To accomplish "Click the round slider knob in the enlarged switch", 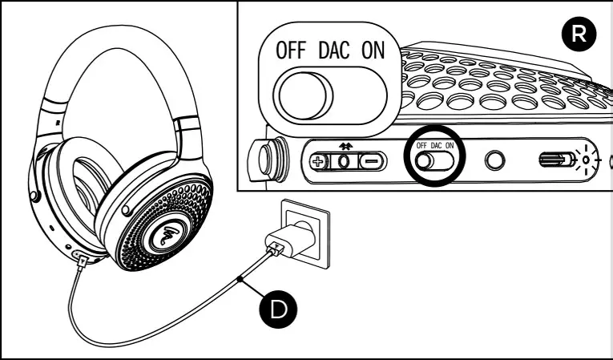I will (x=303, y=95).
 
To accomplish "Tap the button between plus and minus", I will (x=345, y=160).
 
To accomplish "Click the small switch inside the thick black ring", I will (x=433, y=160).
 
